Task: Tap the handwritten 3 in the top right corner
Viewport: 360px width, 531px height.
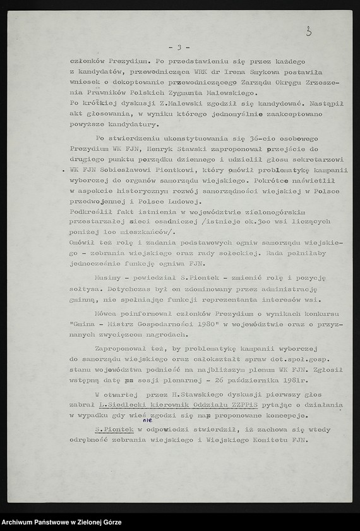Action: click(308, 32)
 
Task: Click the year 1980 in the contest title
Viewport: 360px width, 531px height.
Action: click(217, 324)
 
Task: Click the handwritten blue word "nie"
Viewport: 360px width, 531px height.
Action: click(147, 419)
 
